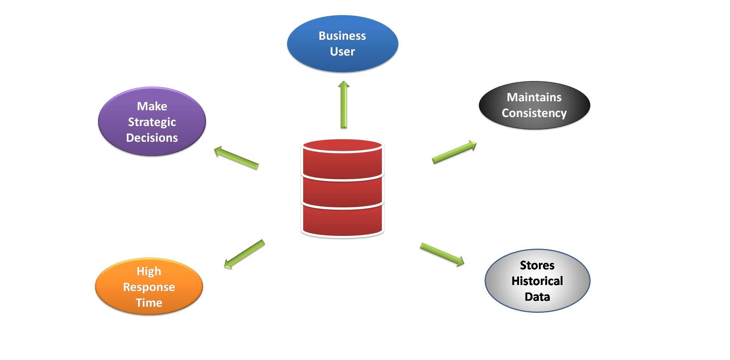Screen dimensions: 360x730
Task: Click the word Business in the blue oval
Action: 342,36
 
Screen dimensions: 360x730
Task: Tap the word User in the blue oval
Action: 342,51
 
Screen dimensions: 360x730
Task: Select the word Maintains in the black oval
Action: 534,97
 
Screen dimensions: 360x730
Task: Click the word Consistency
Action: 534,113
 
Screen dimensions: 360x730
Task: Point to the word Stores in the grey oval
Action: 537,265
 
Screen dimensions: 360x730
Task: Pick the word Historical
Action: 537,281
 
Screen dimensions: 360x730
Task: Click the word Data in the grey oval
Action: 537,297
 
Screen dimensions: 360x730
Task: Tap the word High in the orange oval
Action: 149,271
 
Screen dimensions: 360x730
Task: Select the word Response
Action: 149,287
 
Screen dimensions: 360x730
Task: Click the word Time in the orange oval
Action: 149,303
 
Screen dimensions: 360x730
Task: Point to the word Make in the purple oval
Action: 152,106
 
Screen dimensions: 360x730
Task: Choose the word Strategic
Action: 152,122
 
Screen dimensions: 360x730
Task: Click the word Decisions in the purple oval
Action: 152,138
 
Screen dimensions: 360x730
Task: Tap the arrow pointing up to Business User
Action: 344,105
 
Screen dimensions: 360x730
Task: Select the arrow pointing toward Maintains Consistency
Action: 454,152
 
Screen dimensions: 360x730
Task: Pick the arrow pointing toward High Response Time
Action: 244,254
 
